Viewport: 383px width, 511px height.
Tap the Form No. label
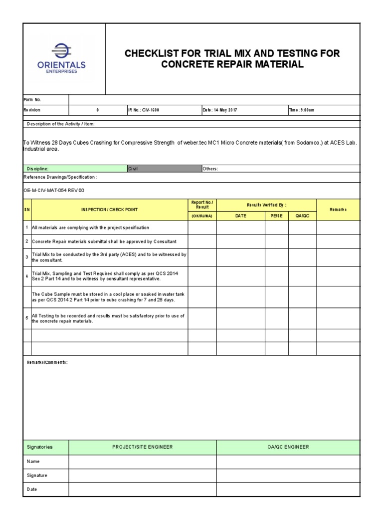pyautogui.click(x=32, y=100)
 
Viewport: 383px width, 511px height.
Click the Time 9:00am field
pyautogui.click(x=301, y=110)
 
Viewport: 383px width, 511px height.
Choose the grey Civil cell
pyautogui.click(x=164, y=169)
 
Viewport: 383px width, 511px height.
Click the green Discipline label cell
pyautogui.click(x=75, y=169)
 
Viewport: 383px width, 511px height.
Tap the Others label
pyautogui.click(x=210, y=169)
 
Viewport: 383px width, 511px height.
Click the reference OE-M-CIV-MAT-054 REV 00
pyautogui.click(x=50, y=191)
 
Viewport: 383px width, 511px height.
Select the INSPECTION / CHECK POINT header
pyautogui.click(x=109, y=210)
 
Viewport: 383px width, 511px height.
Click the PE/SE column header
pyautogui.click(x=276, y=216)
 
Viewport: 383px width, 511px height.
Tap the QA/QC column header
pyautogui.click(x=302, y=216)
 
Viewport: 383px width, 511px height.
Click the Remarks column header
pyautogui.click(x=338, y=210)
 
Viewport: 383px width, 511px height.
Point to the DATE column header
pyautogui.click(x=241, y=216)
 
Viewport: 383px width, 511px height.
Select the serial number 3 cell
pyautogui.click(x=27, y=257)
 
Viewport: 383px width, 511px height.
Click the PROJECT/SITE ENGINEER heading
pyautogui.click(x=143, y=447)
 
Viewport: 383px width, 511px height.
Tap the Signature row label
pyautogui.click(x=37, y=476)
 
